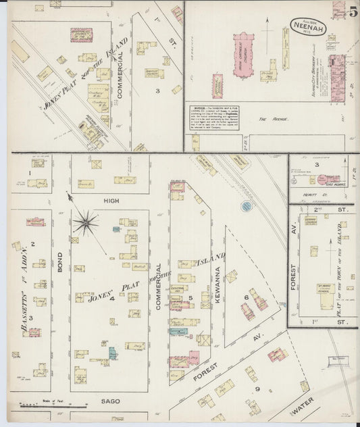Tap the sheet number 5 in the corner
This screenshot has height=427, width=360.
(353, 11)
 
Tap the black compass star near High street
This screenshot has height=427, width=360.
(86, 220)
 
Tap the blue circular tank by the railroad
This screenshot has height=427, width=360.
(247, 205)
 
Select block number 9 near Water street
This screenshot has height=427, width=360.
(257, 389)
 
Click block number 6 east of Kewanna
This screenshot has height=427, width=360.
(247, 296)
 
